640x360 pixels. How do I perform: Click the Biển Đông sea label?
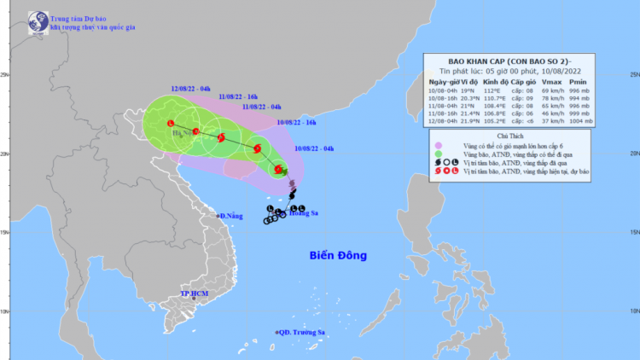[x=337, y=255]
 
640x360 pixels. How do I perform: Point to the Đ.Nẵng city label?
[x=230, y=216]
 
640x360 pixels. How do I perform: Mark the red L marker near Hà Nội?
[x=171, y=125]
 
